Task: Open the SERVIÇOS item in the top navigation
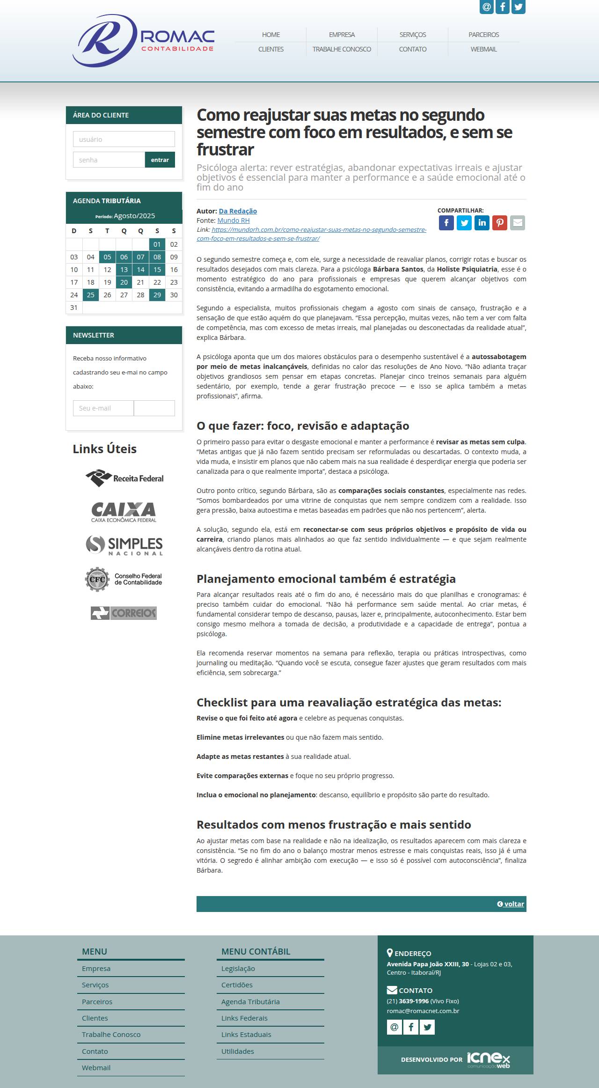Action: point(412,35)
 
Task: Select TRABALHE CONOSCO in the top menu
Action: point(342,49)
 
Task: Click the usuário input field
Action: point(124,139)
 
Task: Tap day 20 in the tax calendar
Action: point(124,282)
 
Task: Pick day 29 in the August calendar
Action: point(157,295)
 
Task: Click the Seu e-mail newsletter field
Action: point(103,408)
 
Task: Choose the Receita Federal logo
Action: point(124,478)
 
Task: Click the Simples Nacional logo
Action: point(124,545)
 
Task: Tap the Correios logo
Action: point(124,613)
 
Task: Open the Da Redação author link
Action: point(238,211)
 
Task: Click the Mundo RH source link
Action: point(234,221)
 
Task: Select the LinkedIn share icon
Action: point(482,223)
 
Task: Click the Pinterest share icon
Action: point(500,223)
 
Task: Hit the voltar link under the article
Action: point(511,904)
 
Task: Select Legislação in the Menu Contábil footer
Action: point(238,969)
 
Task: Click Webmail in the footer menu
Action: point(96,1067)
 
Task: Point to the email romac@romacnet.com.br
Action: point(423,1011)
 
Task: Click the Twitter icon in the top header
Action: point(519,7)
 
